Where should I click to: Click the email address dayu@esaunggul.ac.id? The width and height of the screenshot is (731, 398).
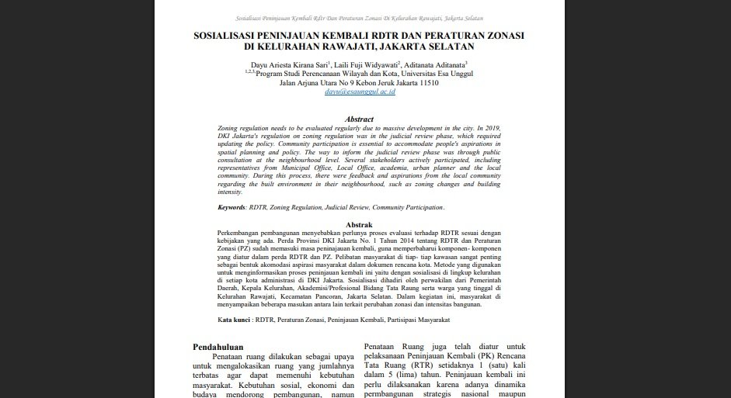pos(360,92)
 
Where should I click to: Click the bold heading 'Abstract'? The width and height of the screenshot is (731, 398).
pos(359,119)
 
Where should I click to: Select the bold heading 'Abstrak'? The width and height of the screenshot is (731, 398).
pos(359,223)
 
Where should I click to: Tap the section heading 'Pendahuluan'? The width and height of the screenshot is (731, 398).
pos(218,348)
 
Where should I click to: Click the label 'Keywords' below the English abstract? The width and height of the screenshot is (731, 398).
pos(231,208)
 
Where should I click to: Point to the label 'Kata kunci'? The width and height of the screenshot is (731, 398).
pos(234,320)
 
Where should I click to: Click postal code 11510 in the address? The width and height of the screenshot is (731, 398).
pos(424,83)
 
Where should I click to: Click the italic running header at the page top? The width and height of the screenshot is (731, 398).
pos(359,17)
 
